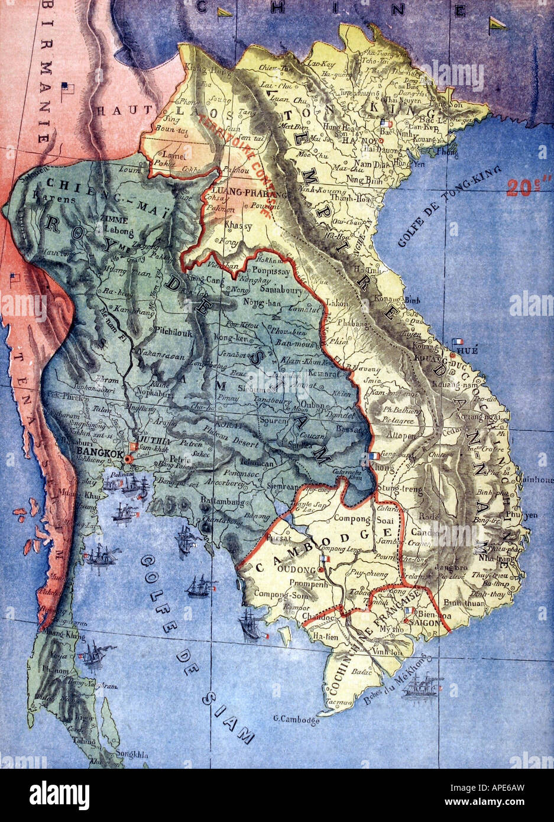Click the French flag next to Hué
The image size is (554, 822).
[456, 341]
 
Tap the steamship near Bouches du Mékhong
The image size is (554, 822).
[422, 688]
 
